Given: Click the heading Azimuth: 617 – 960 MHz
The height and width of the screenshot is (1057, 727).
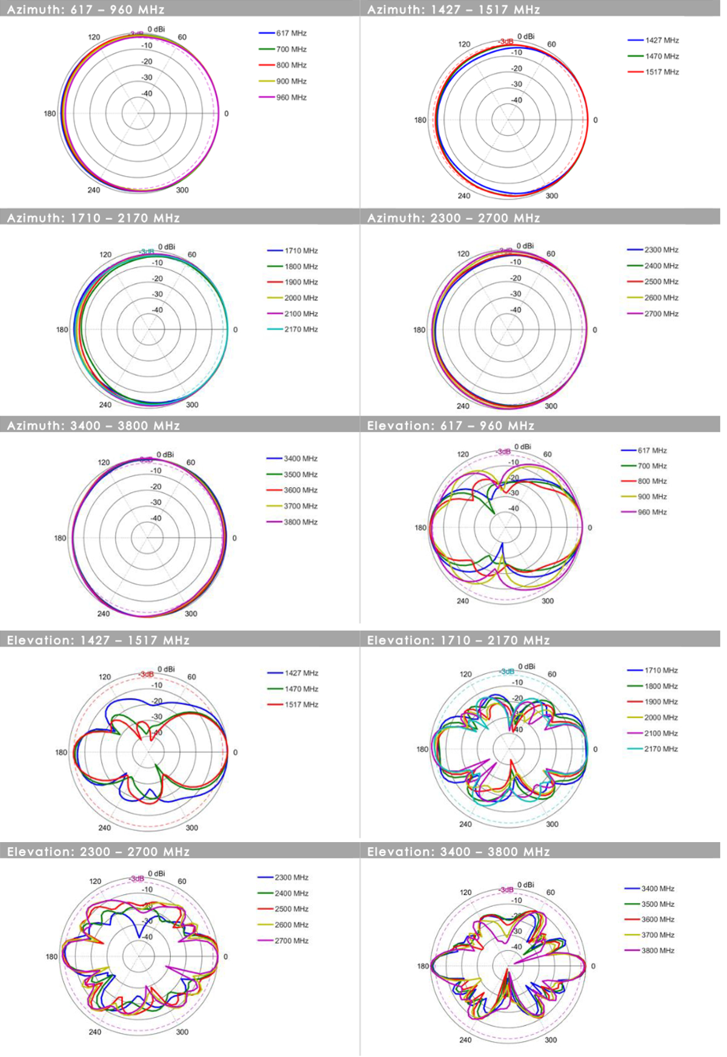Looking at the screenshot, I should (85, 10).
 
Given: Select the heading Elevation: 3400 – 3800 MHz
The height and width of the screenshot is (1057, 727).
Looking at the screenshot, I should (458, 852).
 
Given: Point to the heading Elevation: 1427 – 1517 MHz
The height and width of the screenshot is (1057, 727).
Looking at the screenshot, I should (98, 640).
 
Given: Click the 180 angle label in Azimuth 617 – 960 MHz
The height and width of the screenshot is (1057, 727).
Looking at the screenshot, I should (50, 114).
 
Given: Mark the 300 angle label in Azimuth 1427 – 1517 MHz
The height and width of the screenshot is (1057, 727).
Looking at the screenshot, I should (551, 196).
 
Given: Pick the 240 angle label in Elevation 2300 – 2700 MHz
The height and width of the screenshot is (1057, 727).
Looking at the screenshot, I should (95, 1032).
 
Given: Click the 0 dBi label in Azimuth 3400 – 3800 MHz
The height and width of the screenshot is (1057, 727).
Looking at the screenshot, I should (165, 455).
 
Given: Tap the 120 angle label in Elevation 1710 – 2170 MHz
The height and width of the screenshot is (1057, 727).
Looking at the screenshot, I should (465, 674).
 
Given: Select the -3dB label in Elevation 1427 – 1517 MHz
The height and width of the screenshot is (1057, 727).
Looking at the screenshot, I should (145, 674).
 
